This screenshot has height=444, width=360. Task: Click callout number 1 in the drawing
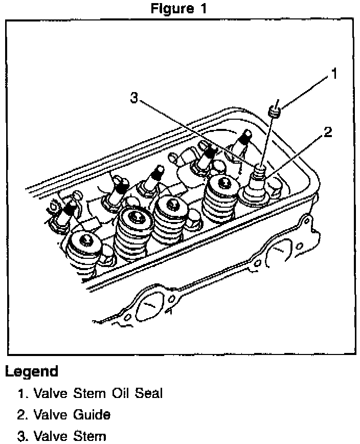tap(333, 75)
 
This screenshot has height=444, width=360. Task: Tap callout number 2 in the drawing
tap(327, 132)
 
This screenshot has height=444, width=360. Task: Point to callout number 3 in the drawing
tap(134, 97)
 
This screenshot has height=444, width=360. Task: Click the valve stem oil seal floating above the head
tap(276, 110)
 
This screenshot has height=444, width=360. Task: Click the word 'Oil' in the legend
tap(116, 393)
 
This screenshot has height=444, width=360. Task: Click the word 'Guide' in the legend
tap(93, 414)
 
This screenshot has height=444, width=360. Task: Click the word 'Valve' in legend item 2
tap(50, 414)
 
